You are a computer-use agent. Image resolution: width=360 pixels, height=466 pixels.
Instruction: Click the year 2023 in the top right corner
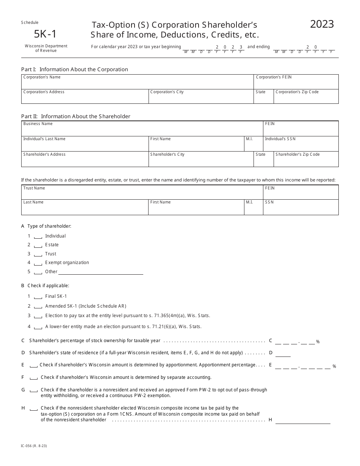[322, 24]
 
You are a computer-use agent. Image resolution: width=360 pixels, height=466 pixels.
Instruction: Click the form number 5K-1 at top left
[45, 34]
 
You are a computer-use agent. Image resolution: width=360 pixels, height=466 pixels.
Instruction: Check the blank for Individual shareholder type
[38, 236]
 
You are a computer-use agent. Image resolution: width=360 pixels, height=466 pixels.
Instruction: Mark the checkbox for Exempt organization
[38, 263]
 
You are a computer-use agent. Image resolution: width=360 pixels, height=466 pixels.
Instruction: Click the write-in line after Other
[100, 272]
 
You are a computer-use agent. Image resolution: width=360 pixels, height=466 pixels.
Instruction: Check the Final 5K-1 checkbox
[38, 297]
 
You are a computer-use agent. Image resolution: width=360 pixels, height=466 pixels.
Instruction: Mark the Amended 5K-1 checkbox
[38, 306]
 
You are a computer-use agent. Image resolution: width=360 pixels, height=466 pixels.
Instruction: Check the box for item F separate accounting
[34, 378]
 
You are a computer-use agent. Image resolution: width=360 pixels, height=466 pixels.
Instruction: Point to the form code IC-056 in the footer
[34, 446]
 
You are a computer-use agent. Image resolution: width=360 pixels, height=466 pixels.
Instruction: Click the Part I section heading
[75, 69]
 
